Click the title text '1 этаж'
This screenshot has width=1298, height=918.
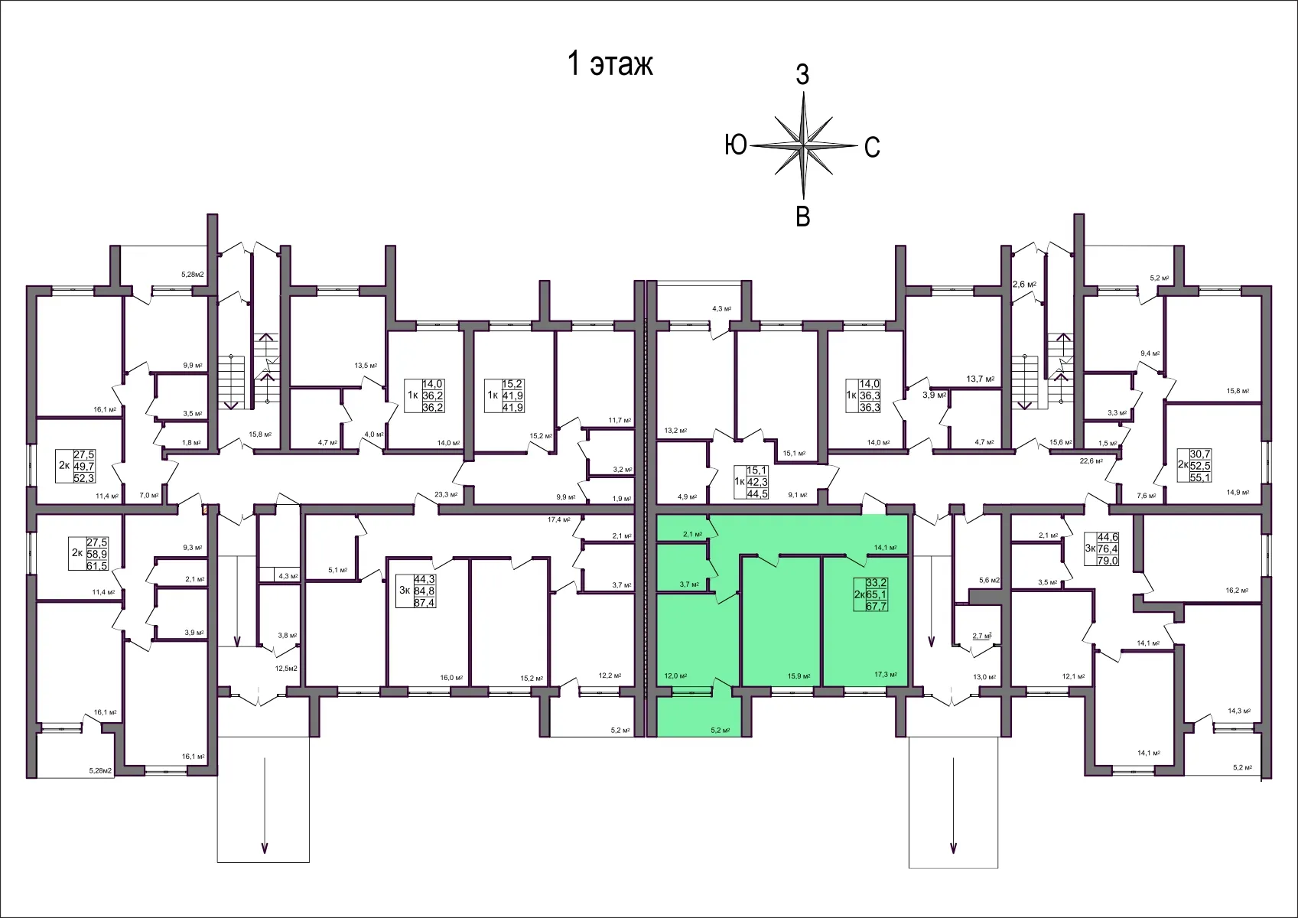[x=610, y=64]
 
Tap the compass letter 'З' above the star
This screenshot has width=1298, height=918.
[x=802, y=75]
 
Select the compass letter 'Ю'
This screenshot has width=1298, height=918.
[x=736, y=144]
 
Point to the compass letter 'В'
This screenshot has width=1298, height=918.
[x=802, y=216]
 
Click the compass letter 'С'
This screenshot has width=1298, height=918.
[x=872, y=147]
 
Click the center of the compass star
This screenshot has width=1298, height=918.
[x=804, y=144]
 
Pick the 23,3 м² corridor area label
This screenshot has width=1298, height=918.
[x=446, y=494]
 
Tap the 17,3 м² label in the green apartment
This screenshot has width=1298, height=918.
[x=885, y=675]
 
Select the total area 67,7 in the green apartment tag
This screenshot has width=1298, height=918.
[x=877, y=606]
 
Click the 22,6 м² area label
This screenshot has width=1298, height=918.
[x=1091, y=461]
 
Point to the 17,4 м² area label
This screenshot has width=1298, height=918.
[x=558, y=519]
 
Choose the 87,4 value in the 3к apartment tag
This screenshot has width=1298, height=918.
[x=424, y=602]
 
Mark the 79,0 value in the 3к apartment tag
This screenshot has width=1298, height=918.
[x=1108, y=560]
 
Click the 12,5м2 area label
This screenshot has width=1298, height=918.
[x=286, y=668]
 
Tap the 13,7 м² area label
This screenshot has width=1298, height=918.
[x=980, y=379]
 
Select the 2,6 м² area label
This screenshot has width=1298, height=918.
[x=1024, y=285]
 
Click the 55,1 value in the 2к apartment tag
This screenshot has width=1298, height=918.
[x=1200, y=477]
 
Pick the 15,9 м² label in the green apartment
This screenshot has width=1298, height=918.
[x=799, y=675]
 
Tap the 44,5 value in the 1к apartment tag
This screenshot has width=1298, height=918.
[x=757, y=493]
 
